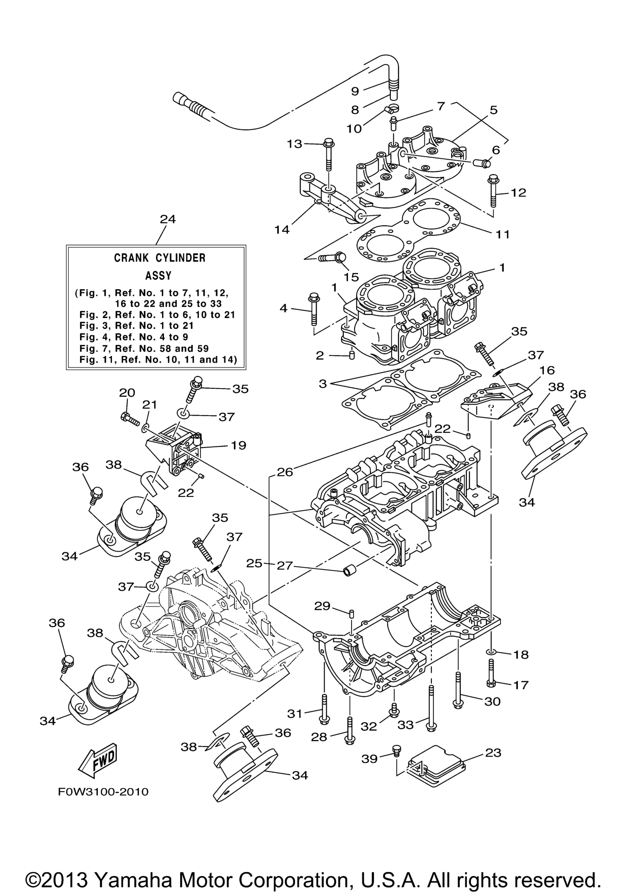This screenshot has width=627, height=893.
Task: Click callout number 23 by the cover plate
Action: coord(493,753)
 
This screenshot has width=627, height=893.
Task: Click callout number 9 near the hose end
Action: coord(355,91)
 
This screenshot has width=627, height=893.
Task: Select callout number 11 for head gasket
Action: coord(502,234)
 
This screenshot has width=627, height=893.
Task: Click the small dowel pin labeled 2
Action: coord(352,356)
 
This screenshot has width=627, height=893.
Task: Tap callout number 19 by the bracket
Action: coord(238,445)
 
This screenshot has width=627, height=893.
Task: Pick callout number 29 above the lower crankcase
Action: coord(322,606)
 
